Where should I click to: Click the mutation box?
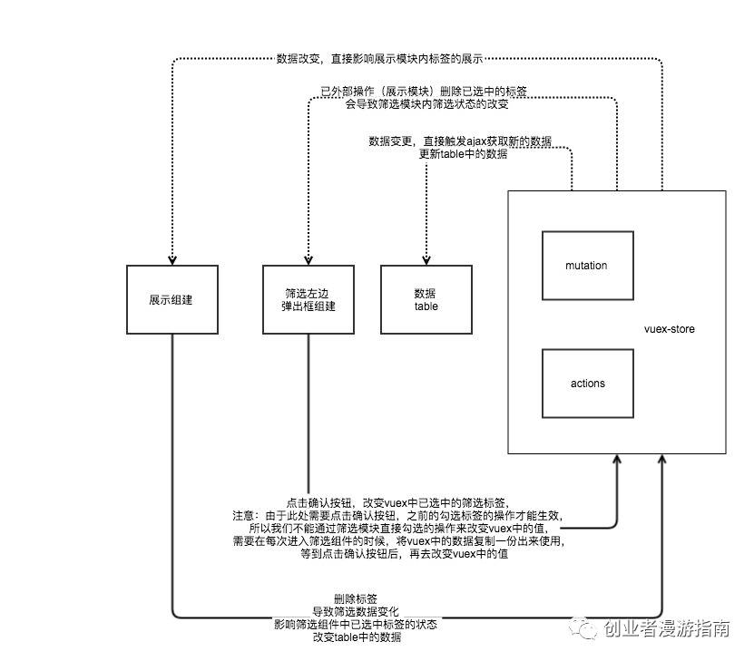tap(586, 266)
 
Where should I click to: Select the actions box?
tap(586, 383)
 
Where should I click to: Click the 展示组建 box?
tap(171, 300)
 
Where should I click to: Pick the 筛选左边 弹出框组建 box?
tap(308, 300)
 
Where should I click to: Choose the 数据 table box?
tap(426, 300)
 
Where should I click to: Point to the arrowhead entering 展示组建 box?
tap(171, 259)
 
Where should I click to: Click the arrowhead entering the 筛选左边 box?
tap(308, 259)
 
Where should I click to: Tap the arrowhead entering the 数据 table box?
tap(426, 259)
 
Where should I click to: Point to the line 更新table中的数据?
tap(463, 154)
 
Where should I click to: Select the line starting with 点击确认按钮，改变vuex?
tap(397, 502)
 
